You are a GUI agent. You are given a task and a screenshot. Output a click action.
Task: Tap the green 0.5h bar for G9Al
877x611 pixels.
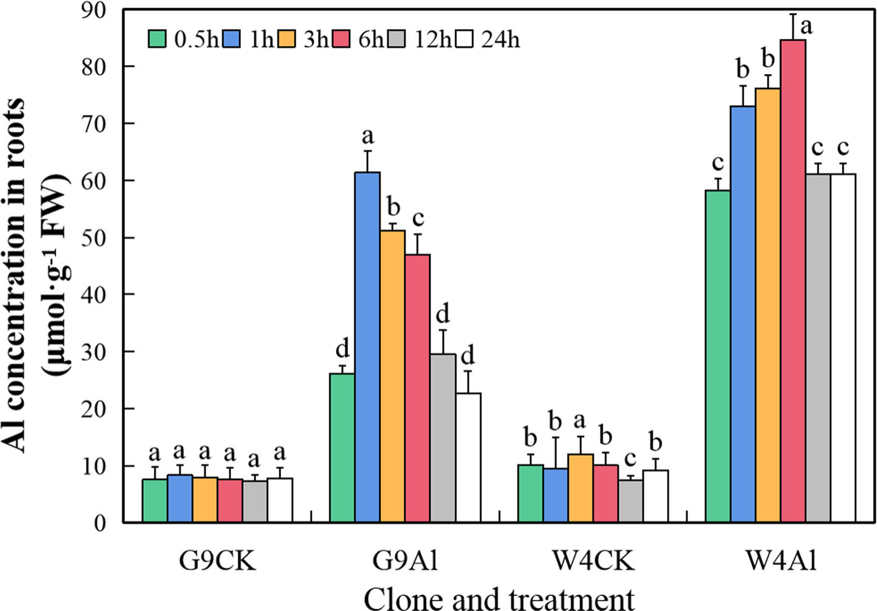(x=342, y=448)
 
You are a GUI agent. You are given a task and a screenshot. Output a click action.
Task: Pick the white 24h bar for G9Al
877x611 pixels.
(x=468, y=458)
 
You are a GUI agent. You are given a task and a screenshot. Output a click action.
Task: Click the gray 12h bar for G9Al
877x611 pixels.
(x=443, y=438)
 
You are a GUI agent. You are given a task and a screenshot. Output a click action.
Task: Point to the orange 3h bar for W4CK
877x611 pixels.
(x=581, y=488)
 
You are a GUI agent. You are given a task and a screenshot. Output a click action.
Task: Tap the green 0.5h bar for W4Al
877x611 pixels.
(x=718, y=356)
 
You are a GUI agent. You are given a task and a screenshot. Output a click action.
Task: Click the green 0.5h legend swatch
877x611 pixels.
(x=157, y=39)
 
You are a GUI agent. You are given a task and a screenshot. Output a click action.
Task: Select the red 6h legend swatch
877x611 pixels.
(x=342, y=39)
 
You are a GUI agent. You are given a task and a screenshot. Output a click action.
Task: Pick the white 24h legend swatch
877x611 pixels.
(x=465, y=39)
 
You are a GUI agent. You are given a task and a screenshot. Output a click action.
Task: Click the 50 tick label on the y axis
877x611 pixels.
(x=94, y=238)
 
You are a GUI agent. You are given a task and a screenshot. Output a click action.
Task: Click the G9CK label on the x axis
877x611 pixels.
(x=217, y=562)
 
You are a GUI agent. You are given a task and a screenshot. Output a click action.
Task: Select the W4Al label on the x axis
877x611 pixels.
(x=781, y=562)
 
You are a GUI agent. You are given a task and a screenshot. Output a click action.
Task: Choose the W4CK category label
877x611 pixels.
(x=593, y=562)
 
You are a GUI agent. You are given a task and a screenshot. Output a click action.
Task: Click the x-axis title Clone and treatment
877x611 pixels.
(x=499, y=598)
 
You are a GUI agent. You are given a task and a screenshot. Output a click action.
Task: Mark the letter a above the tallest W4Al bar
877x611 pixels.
(x=806, y=27)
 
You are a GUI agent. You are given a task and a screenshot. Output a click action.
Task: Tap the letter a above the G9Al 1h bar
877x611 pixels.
(x=368, y=135)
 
